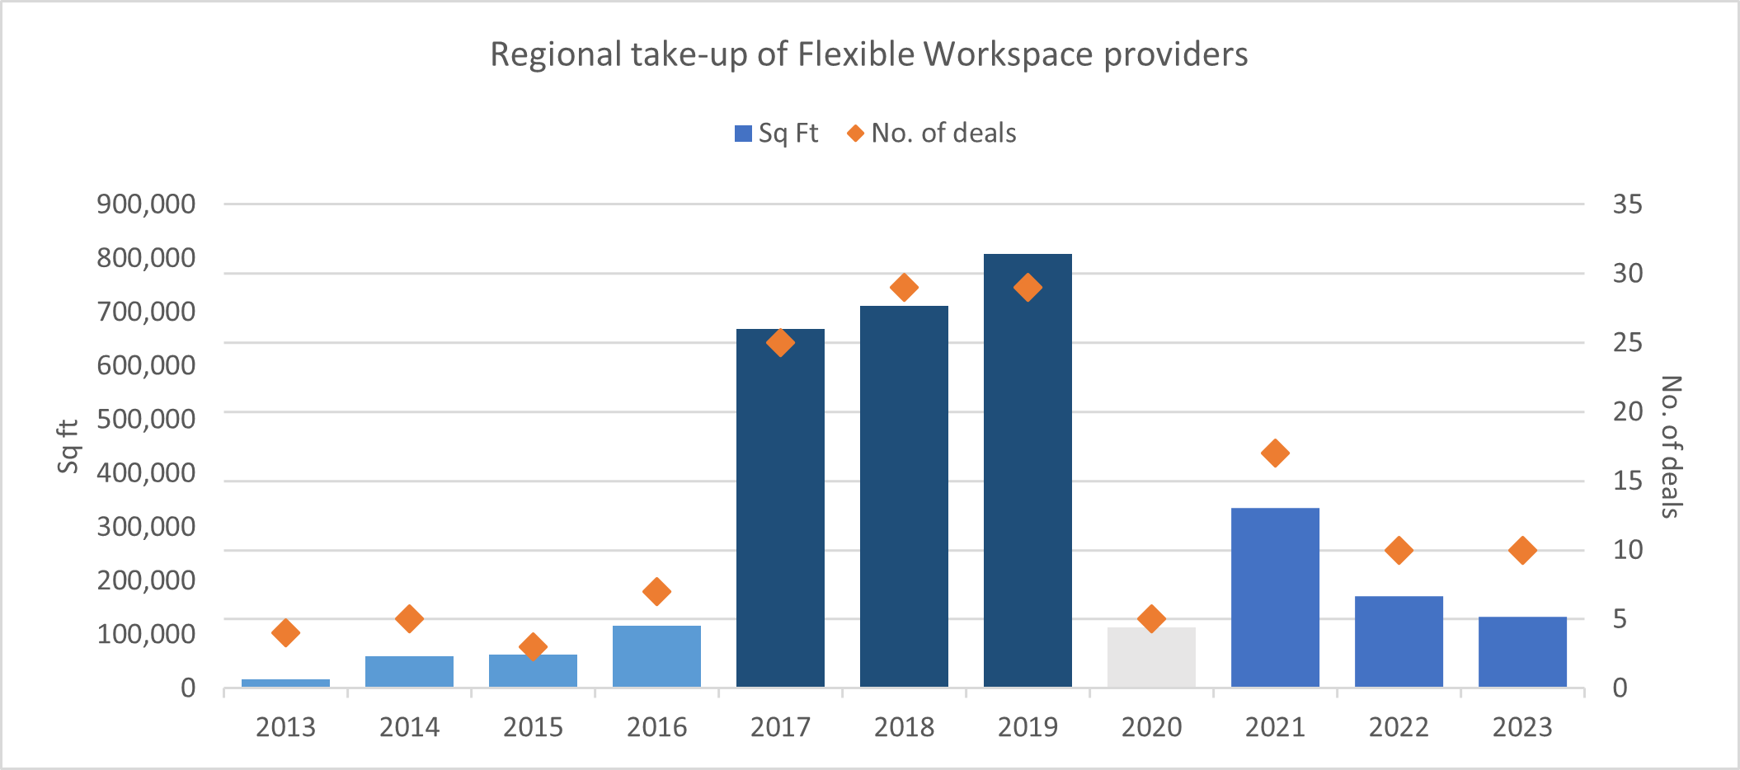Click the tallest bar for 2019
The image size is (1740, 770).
(x=1028, y=470)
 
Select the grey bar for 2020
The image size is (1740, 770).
(x=1151, y=657)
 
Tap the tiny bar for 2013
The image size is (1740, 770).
(x=285, y=683)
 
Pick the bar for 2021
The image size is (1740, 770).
(x=1275, y=597)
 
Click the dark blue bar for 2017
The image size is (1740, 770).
(x=780, y=508)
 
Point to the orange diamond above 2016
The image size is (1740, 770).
(x=656, y=591)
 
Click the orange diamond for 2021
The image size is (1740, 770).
(x=1275, y=453)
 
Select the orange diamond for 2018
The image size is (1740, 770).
(x=904, y=288)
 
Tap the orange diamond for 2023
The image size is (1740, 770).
(x=1522, y=550)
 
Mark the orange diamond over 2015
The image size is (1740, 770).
(x=533, y=646)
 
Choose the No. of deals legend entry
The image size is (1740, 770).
(x=932, y=134)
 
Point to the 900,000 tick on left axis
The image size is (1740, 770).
(x=146, y=204)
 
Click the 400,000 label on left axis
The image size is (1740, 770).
(x=146, y=472)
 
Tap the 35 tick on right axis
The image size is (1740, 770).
(x=1627, y=204)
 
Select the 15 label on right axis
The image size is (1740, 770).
(x=1627, y=481)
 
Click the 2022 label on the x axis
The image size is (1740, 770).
(x=1399, y=727)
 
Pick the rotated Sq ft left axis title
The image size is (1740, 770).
(x=68, y=446)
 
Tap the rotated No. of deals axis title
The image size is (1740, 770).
(x=1671, y=446)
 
